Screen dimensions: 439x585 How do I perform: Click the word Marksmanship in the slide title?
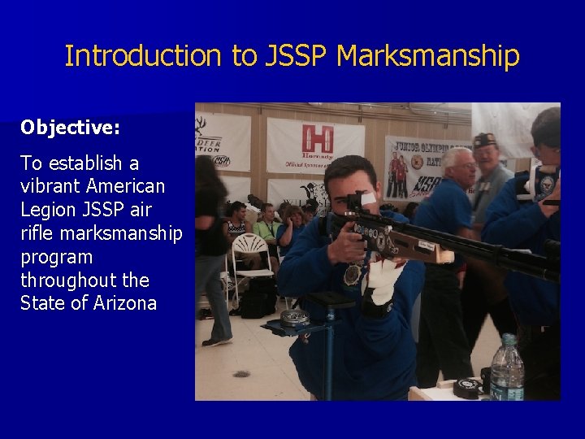click(x=427, y=56)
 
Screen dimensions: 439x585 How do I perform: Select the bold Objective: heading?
click(x=70, y=128)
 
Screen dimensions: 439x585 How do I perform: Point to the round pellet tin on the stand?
click(x=294, y=317)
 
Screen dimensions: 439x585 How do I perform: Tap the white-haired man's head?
click(x=459, y=167)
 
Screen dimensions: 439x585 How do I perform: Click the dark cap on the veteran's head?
click(x=485, y=139)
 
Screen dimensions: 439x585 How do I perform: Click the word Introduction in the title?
click(x=142, y=56)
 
